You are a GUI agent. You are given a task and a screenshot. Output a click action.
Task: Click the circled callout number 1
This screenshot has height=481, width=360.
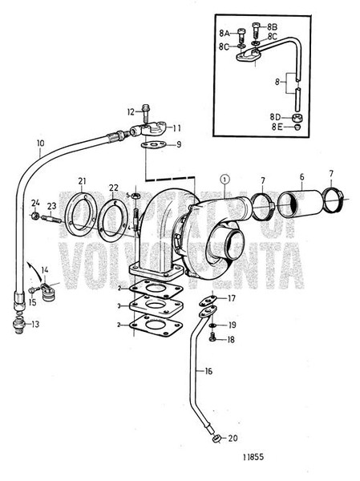[226, 180]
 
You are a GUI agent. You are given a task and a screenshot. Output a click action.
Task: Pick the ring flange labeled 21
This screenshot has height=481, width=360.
[81, 210]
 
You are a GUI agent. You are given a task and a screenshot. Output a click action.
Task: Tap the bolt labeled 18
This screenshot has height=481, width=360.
[212, 339]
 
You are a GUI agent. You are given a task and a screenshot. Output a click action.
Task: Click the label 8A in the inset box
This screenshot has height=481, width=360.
[225, 32]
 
